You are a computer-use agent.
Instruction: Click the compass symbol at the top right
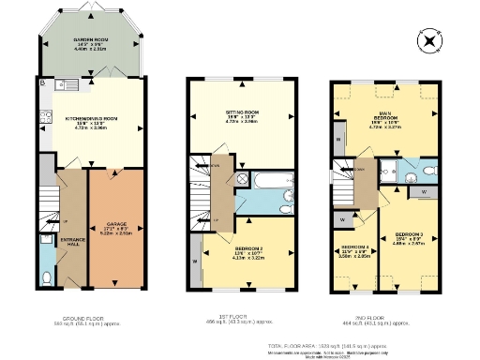(x=430, y=41)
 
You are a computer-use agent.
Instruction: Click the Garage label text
(x=116, y=228)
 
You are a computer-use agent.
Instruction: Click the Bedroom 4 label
(x=353, y=251)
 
